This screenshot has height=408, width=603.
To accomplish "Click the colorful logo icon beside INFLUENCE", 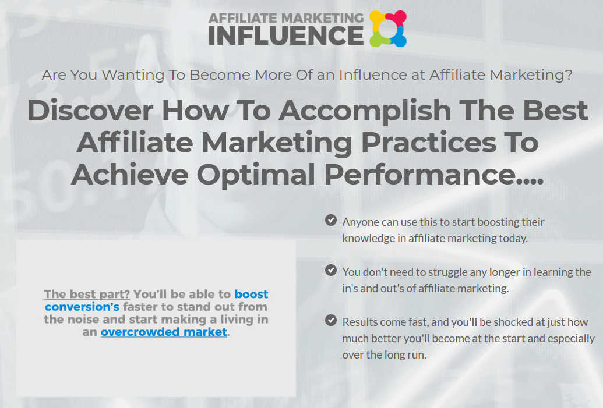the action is [x=387, y=29].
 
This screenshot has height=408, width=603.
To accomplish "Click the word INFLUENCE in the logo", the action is [x=285, y=36].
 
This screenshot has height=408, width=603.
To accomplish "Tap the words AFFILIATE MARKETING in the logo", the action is [x=285, y=18].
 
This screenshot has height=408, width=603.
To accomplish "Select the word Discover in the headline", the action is [x=90, y=111].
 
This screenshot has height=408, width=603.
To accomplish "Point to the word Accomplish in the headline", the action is [x=365, y=111].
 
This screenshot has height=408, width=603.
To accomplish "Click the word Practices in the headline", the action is [x=429, y=143].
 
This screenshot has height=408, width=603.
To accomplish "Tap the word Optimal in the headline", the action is [x=256, y=175].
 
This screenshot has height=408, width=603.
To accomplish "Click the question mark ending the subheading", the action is [x=569, y=74].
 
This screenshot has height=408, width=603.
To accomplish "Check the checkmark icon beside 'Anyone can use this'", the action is [x=331, y=220].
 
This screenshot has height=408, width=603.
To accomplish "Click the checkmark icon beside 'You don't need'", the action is [x=331, y=270].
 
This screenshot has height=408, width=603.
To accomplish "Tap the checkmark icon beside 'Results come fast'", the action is [x=331, y=320].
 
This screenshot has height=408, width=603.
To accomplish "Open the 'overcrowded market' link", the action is [x=164, y=332].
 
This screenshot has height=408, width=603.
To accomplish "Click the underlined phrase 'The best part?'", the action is [x=87, y=295].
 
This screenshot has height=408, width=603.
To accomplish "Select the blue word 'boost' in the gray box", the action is [x=251, y=294].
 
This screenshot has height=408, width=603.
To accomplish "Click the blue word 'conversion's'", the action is [x=82, y=307].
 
